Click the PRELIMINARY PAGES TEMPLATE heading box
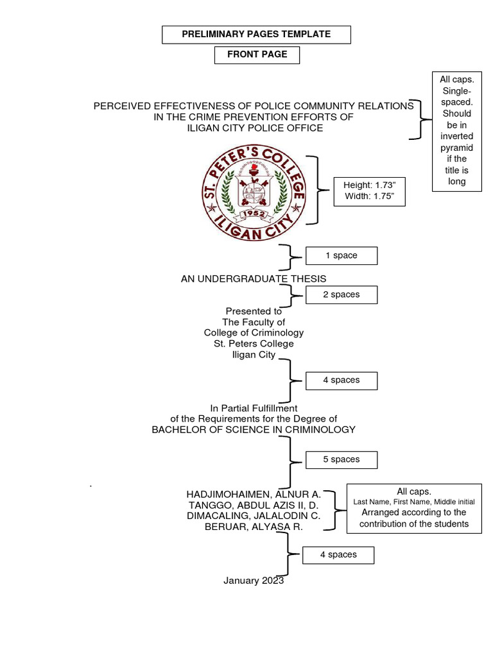pyautogui.click(x=256, y=35)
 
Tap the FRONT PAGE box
pyautogui.click(x=257, y=55)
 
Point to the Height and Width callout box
pyautogui.click(x=369, y=191)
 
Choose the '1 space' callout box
pyautogui.click(x=341, y=255)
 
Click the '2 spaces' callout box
pyautogui.click(x=341, y=294)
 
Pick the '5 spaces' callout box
pyautogui.click(x=341, y=459)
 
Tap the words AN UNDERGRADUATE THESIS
pyautogui.click(x=254, y=278)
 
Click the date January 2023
pyautogui.click(x=254, y=581)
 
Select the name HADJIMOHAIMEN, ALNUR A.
pyautogui.click(x=254, y=494)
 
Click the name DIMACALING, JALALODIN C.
pyautogui.click(x=254, y=515)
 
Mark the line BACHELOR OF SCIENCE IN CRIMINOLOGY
pyautogui.click(x=254, y=429)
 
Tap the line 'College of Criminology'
pyautogui.click(x=254, y=333)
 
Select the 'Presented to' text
pyautogui.click(x=254, y=311)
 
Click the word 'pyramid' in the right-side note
pyautogui.click(x=456, y=148)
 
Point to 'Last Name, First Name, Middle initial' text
pyautogui.click(x=414, y=502)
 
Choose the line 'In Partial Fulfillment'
pyautogui.click(x=254, y=408)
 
